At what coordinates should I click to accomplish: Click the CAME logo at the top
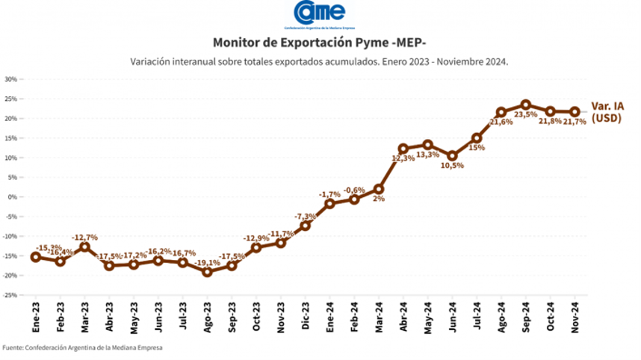pyautogui.click(x=320, y=13)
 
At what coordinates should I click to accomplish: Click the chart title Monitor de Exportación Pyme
pyautogui.click(x=320, y=43)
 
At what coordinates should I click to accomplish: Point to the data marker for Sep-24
pyautogui.click(x=526, y=105)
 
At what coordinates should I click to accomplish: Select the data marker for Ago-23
pyautogui.click(x=207, y=272)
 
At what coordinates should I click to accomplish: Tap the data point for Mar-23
pyautogui.click(x=85, y=246)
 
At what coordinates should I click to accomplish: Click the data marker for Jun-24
pyautogui.click(x=452, y=156)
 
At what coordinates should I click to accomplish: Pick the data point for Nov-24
pyautogui.click(x=575, y=112)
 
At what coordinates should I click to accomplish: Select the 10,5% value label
pyautogui.click(x=453, y=166)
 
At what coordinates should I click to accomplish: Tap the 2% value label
pyautogui.click(x=379, y=199)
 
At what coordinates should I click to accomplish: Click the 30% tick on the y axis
pyautogui.click(x=11, y=79)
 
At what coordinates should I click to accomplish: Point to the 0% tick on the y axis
pyautogui.click(x=13, y=197)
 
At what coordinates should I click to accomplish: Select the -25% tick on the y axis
pyautogui.click(x=10, y=295)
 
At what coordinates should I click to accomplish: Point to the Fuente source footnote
pyautogui.click(x=82, y=347)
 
